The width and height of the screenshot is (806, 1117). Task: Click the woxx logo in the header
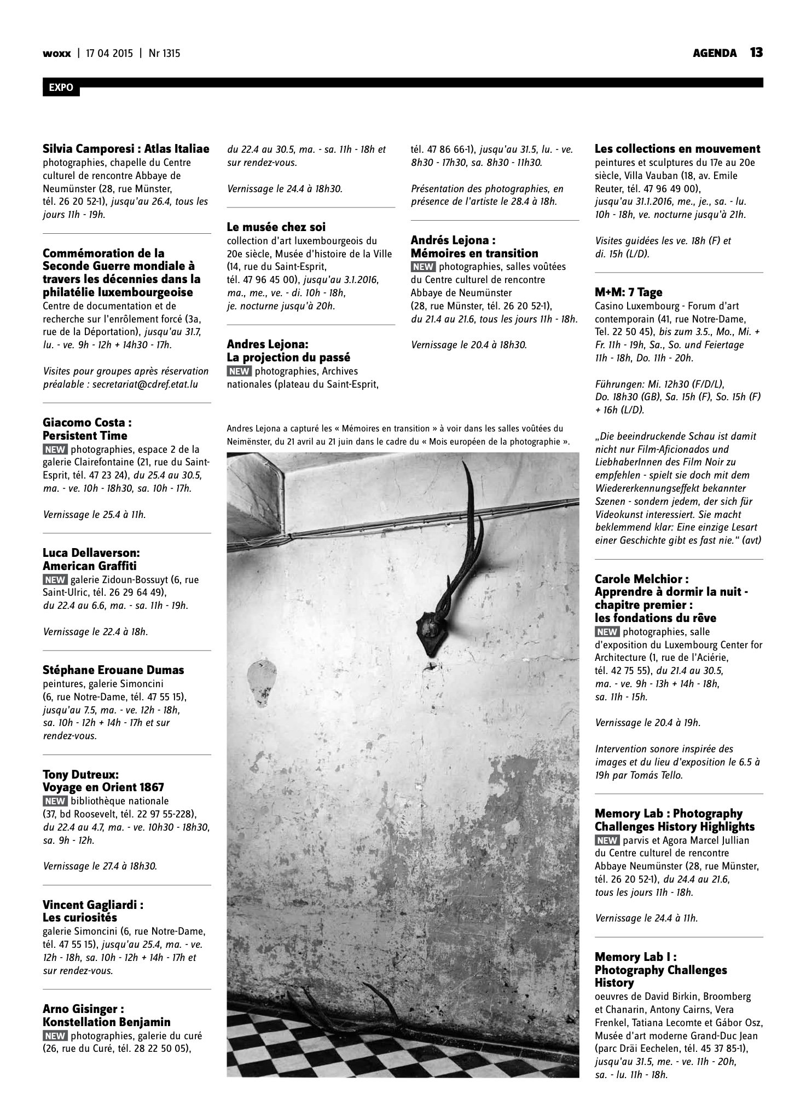[x=57, y=54]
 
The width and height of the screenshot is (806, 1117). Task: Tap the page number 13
[x=756, y=53]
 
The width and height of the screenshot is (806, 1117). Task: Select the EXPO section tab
[x=61, y=88]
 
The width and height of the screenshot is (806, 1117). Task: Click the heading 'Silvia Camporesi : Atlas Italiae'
[x=126, y=149]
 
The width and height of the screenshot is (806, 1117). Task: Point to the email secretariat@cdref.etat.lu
[x=145, y=384]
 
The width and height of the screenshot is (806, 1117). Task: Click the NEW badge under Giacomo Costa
[x=55, y=450]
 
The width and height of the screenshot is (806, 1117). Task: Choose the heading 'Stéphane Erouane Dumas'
[x=113, y=670]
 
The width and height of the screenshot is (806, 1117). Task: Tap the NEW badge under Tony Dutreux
[x=55, y=801]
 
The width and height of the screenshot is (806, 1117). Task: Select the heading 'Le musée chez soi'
[x=276, y=227]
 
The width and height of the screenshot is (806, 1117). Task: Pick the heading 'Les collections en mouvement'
[x=677, y=149]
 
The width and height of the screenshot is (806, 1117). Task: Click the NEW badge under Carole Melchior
[x=607, y=631]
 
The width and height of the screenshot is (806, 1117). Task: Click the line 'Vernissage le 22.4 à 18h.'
[x=95, y=632]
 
